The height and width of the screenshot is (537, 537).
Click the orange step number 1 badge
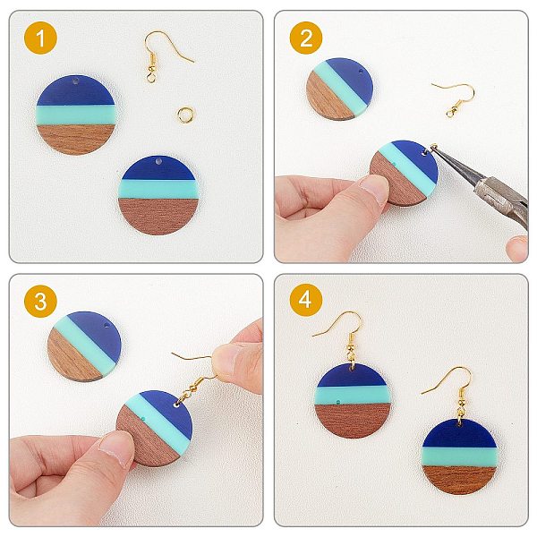coord(40,38)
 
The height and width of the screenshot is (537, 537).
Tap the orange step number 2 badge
coord(306,38)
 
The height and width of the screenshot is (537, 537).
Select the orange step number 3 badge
coord(40,301)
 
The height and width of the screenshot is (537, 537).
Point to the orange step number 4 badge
coord(306,300)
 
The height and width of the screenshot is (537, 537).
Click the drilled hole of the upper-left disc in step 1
coord(75,82)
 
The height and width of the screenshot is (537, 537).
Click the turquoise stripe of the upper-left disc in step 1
coord(75,115)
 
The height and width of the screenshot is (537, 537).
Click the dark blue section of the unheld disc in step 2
coord(353,80)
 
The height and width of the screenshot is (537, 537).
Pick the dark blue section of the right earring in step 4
coord(459,433)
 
